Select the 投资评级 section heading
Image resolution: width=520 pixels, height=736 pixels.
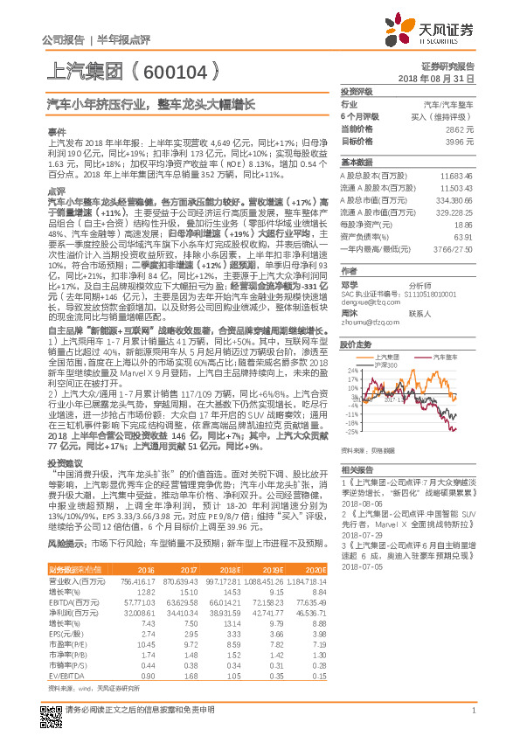click(356, 91)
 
